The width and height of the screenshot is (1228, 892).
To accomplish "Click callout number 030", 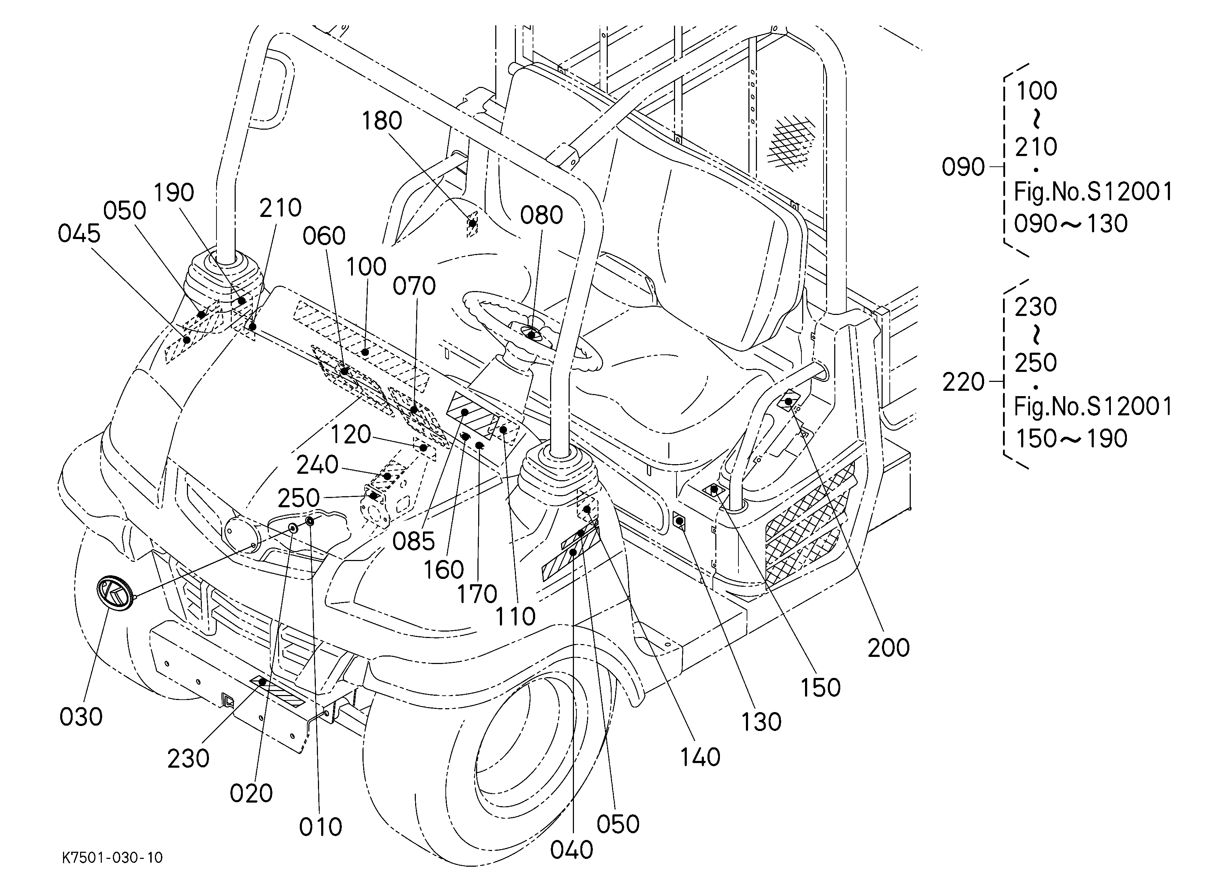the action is click(x=81, y=717).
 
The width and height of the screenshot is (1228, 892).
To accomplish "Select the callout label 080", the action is click(x=542, y=216).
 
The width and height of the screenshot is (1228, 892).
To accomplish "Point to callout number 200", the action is click(x=889, y=648).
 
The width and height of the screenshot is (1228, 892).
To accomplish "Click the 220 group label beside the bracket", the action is click(x=963, y=382).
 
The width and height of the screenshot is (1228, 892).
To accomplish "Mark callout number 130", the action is click(x=761, y=722).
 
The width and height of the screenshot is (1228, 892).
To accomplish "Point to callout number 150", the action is click(x=820, y=688).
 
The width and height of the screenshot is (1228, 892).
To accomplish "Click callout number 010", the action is click(x=320, y=827).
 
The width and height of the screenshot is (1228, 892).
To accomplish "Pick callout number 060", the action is click(x=324, y=236).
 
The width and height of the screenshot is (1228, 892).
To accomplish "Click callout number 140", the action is click(x=700, y=757).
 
